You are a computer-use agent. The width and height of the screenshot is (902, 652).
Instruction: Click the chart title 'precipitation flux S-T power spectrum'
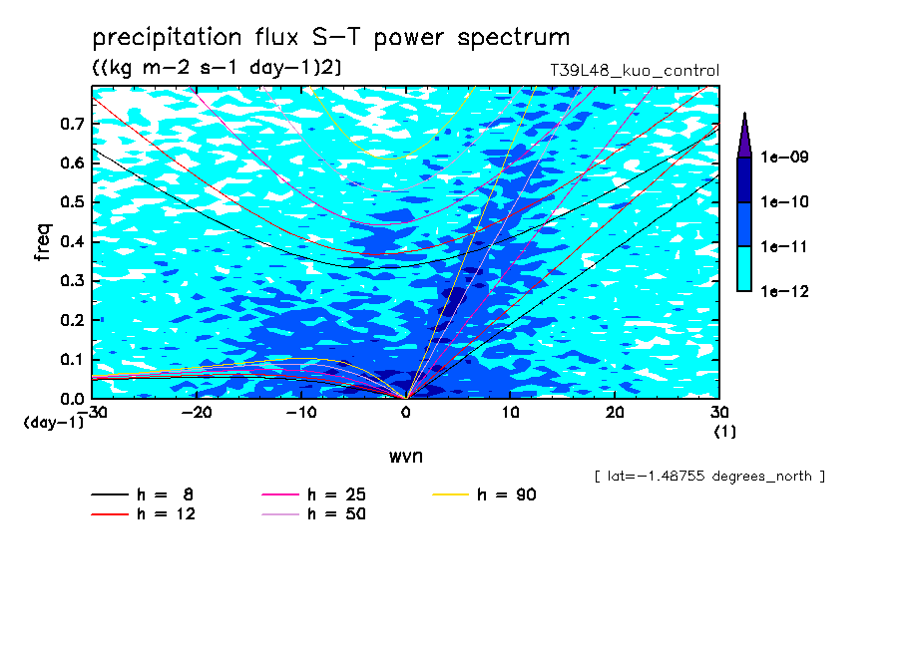[331, 38]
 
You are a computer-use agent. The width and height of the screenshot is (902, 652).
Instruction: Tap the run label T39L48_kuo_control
[635, 71]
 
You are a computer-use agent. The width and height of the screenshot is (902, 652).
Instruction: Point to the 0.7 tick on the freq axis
[72, 124]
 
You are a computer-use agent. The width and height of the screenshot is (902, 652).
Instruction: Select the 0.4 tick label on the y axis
[72, 241]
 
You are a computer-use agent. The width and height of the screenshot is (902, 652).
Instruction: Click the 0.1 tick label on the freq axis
[72, 359]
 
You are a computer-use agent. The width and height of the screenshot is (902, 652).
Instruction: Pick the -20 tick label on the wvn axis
[197, 413]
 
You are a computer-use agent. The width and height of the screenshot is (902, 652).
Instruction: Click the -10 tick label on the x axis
[301, 413]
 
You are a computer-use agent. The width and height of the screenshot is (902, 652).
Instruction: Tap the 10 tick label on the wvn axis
[510, 413]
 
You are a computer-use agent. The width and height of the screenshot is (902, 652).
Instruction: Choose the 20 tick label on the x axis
[615, 413]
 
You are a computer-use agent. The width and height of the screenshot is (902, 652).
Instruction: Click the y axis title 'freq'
[43, 242]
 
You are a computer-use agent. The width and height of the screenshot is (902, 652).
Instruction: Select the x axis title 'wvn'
[406, 457]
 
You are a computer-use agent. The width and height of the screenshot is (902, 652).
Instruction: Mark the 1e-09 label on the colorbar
[784, 157]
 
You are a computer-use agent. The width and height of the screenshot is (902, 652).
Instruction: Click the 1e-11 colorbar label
[784, 246]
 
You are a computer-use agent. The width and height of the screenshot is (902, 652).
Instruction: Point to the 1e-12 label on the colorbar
[784, 291]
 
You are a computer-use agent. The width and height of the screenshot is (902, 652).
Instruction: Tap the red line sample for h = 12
[110, 514]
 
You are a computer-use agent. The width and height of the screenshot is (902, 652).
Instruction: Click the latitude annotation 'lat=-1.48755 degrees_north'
[709, 477]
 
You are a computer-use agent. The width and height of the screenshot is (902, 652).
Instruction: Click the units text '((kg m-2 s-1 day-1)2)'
[217, 68]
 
